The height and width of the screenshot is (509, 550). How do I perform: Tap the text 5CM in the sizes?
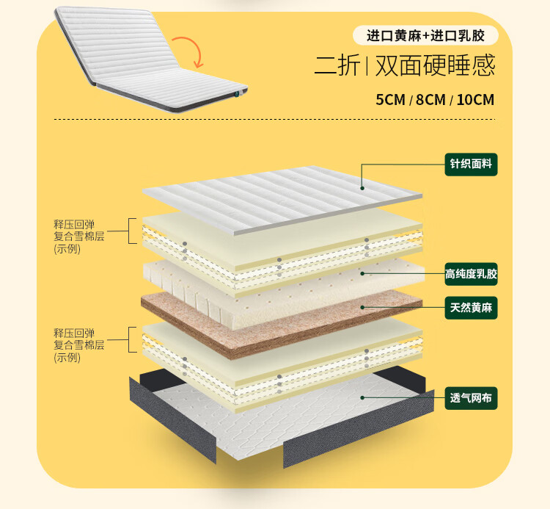[x=390, y=100]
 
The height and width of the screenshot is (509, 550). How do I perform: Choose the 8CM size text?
[x=430, y=100]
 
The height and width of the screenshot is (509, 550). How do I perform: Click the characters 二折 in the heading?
[x=337, y=66]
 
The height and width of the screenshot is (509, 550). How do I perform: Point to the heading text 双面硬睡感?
[x=435, y=66]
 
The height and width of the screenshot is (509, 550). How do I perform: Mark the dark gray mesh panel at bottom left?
[x=172, y=419]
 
